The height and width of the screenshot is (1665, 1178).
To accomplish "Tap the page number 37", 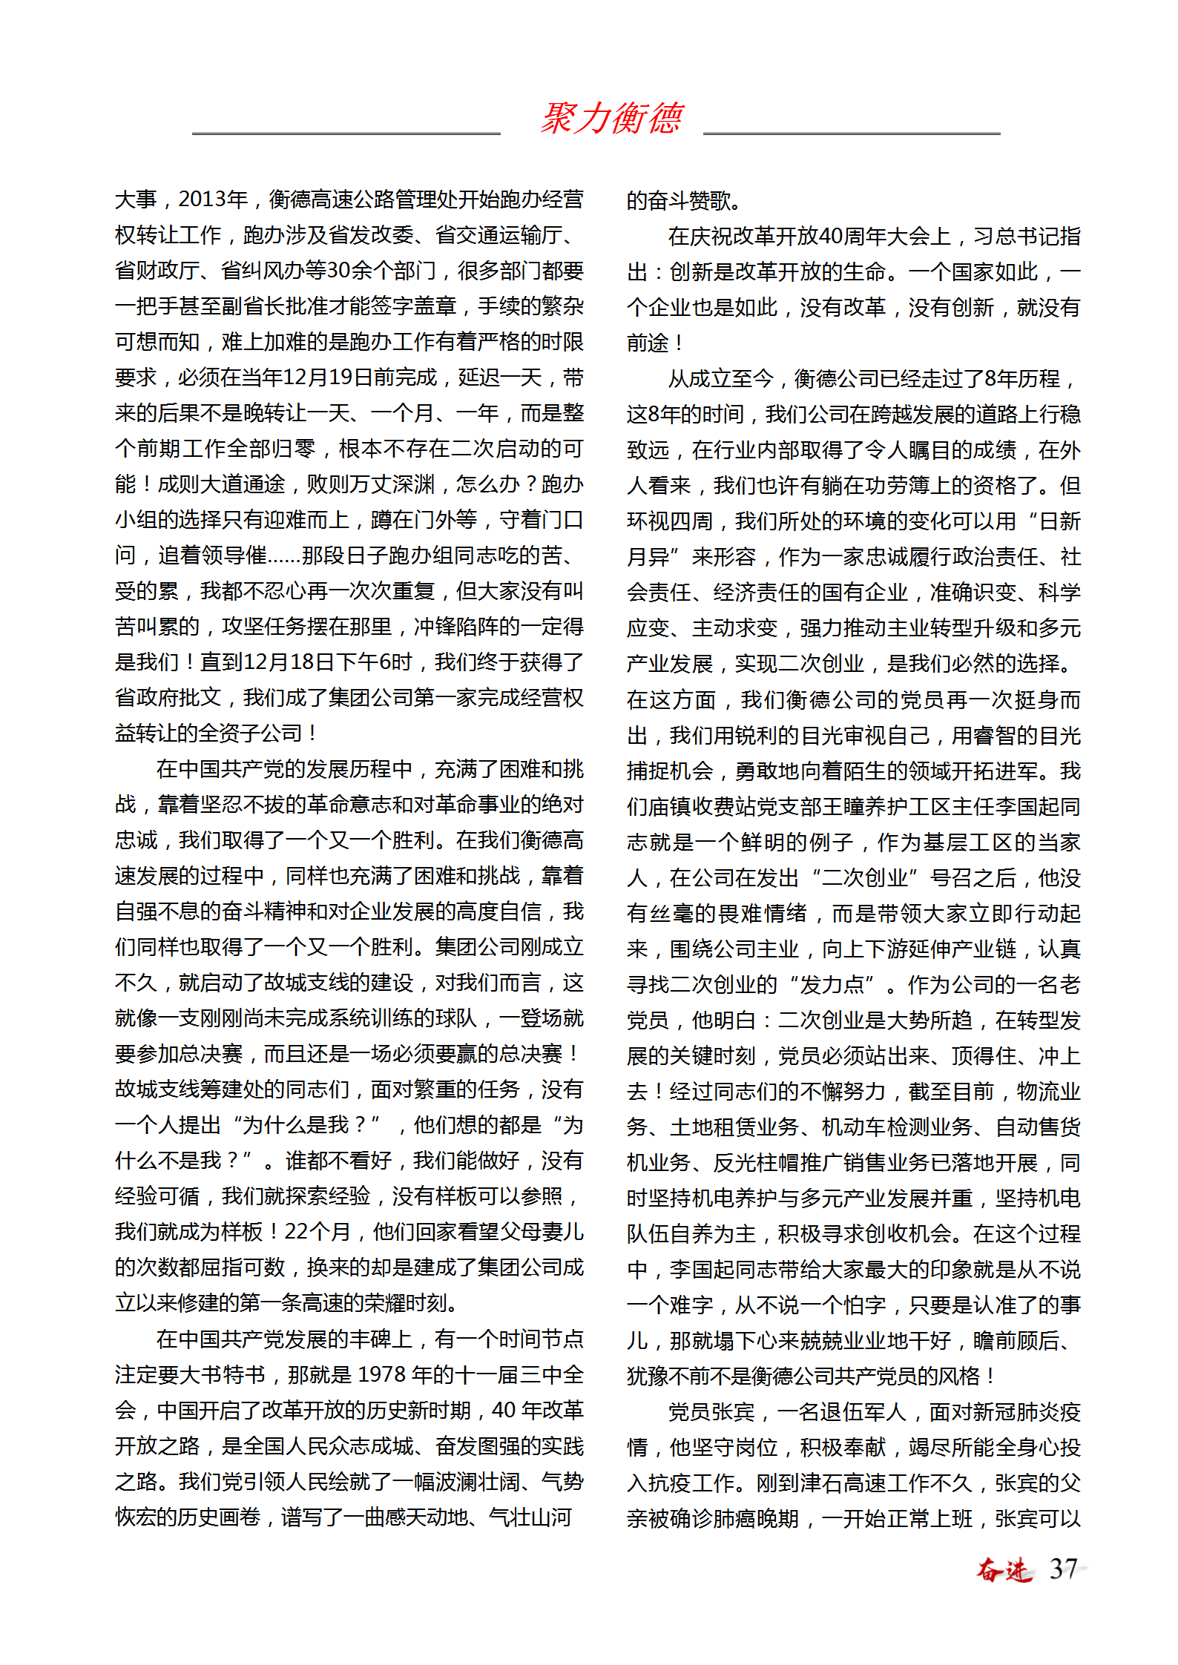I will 1063,1569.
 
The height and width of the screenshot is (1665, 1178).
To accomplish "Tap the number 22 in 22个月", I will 296,1231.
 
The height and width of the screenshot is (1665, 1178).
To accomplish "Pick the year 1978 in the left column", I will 381,1374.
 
